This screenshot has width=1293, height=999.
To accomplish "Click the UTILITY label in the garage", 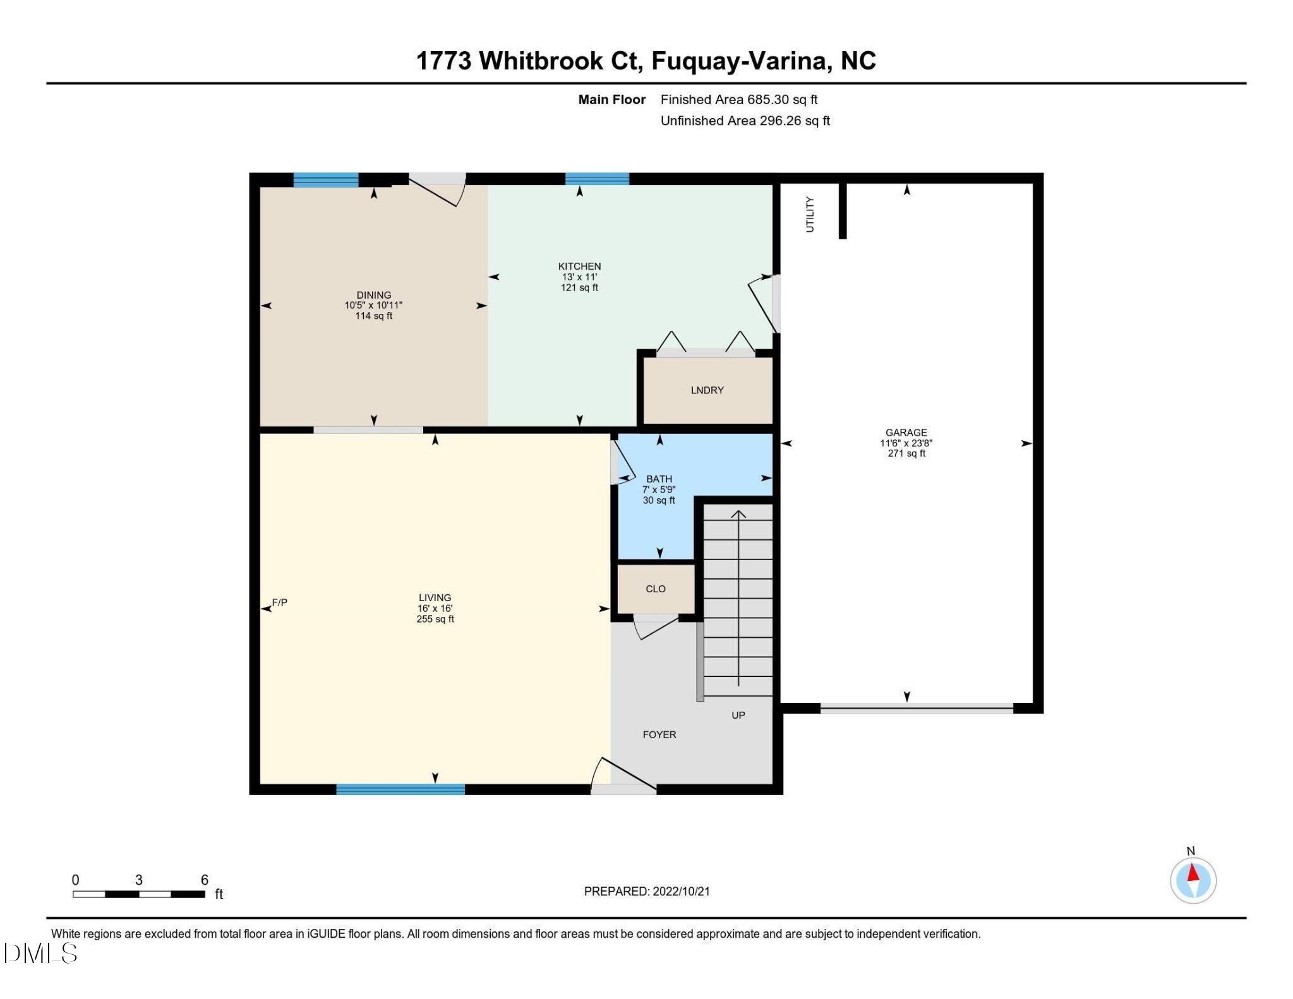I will pos(810,214).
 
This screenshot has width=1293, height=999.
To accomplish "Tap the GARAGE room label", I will pos(906,433).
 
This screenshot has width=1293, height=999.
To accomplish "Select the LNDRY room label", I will pos(707,390).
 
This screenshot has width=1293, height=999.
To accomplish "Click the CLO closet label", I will pos(656,589).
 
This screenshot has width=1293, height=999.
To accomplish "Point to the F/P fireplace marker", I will pos(279,602).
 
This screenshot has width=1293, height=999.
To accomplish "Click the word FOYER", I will pos(659,734).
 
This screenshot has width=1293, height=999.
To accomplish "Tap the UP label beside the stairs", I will pos(738,715).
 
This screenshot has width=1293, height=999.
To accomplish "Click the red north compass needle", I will pos(1193,873).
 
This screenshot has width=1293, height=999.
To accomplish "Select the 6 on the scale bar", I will pos(204,880).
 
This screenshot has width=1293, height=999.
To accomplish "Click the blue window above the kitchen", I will pos(597,179).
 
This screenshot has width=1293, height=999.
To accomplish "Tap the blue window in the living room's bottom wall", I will pos(400,789).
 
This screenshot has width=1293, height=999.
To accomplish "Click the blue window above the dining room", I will pos(326,179).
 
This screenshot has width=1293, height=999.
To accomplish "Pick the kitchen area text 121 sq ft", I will pos(579,288).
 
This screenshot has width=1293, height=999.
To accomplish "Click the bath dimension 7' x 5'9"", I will pos(659,489).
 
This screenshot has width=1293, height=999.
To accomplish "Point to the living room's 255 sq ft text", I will pos(435,619).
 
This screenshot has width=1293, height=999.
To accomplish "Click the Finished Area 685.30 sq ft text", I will pos(738,100).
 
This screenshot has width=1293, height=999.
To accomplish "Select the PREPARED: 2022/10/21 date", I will pos(647,891).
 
